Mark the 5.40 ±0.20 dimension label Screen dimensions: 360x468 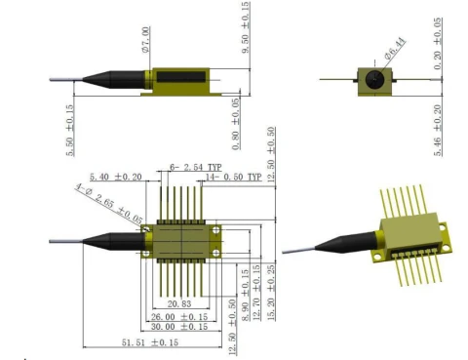point(115,178)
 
